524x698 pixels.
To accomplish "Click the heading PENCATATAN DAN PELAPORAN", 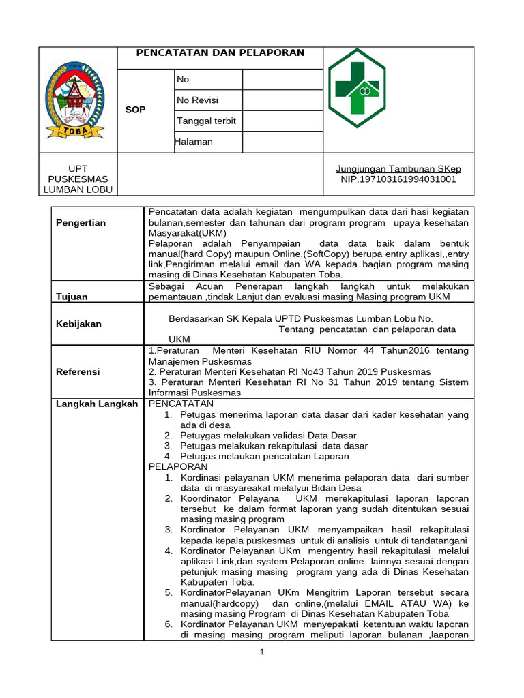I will point(220,53).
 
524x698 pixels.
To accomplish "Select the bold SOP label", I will point(135,110).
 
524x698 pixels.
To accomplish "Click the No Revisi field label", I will point(197,100).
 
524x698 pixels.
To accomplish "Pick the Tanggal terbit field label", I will point(206,121).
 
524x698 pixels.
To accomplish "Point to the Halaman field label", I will point(194,142).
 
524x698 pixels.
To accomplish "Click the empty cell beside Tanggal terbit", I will point(282,121).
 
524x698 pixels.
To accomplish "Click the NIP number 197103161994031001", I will point(398,179).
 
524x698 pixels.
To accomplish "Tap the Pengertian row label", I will point(81,223).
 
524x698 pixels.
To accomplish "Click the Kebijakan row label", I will point(78,324).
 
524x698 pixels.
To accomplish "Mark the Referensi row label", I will point(78,371).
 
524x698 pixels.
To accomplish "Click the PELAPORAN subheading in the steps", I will point(178,466).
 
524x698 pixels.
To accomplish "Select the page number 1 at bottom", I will point(261,652).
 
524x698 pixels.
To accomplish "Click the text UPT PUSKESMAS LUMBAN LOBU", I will point(78,179).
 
